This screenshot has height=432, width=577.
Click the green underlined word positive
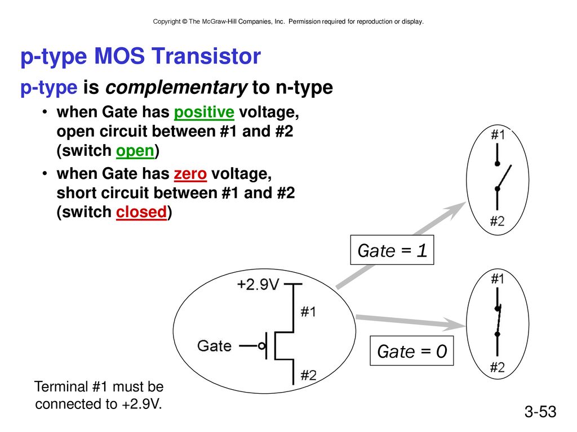coord(204,112)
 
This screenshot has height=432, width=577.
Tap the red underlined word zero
coord(190,174)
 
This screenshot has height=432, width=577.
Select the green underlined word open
coord(135,151)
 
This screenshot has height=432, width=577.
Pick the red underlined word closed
coord(141,212)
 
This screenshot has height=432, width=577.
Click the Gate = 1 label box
coord(392,250)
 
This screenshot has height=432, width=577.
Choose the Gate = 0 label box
coord(412,351)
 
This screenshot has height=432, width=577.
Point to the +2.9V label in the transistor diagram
coord(258,284)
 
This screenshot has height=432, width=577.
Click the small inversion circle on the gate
coord(261,346)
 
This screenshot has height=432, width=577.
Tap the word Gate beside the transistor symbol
coord(214,346)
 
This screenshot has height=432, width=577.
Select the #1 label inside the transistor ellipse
coord(308,312)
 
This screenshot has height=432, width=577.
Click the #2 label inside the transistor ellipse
coord(308,375)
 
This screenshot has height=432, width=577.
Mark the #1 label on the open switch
coord(498,135)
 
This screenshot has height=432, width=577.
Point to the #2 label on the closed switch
coord(497,367)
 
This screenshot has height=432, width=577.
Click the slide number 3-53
coord(540,411)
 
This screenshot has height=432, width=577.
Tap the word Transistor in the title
coord(206,56)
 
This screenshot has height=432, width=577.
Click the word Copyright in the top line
coord(167,22)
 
